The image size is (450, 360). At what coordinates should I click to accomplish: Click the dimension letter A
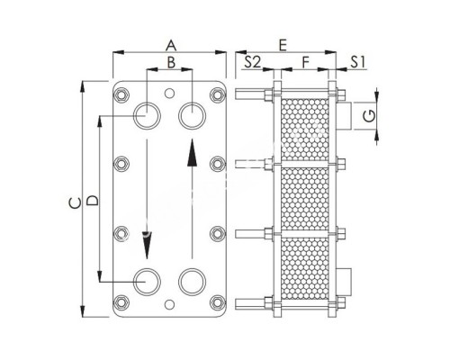(x=169, y=43)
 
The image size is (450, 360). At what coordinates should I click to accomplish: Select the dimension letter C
(x=72, y=204)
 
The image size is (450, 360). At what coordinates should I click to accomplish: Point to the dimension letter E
(x=283, y=43)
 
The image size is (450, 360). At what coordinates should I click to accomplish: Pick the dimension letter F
(x=307, y=63)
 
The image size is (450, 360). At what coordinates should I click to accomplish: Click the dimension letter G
(x=368, y=114)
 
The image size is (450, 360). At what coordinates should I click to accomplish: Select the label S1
(x=356, y=63)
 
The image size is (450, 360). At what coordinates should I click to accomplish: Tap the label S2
(x=253, y=63)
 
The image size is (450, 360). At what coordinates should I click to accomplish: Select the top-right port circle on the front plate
(x=192, y=114)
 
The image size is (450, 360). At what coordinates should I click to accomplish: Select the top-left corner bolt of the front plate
(x=121, y=93)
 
